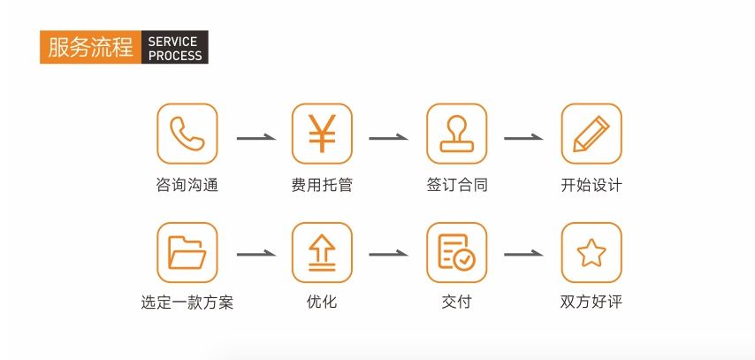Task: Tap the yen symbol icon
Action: (322, 134)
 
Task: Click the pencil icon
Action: (591, 134)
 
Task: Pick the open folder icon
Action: (187, 252)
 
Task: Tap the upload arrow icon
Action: (322, 252)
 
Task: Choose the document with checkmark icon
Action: (456, 252)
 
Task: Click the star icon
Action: (591, 252)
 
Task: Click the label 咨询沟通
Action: (187, 185)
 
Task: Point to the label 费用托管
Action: (322, 185)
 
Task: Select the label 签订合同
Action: (456, 185)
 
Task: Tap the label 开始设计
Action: (591, 185)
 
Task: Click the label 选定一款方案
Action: (187, 303)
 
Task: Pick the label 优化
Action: (322, 303)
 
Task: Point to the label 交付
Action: (456, 303)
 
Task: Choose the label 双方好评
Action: (591, 303)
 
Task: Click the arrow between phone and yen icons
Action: (255, 138)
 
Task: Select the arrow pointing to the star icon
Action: (523, 254)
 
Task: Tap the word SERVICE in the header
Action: (172, 42)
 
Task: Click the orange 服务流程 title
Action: (90, 47)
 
